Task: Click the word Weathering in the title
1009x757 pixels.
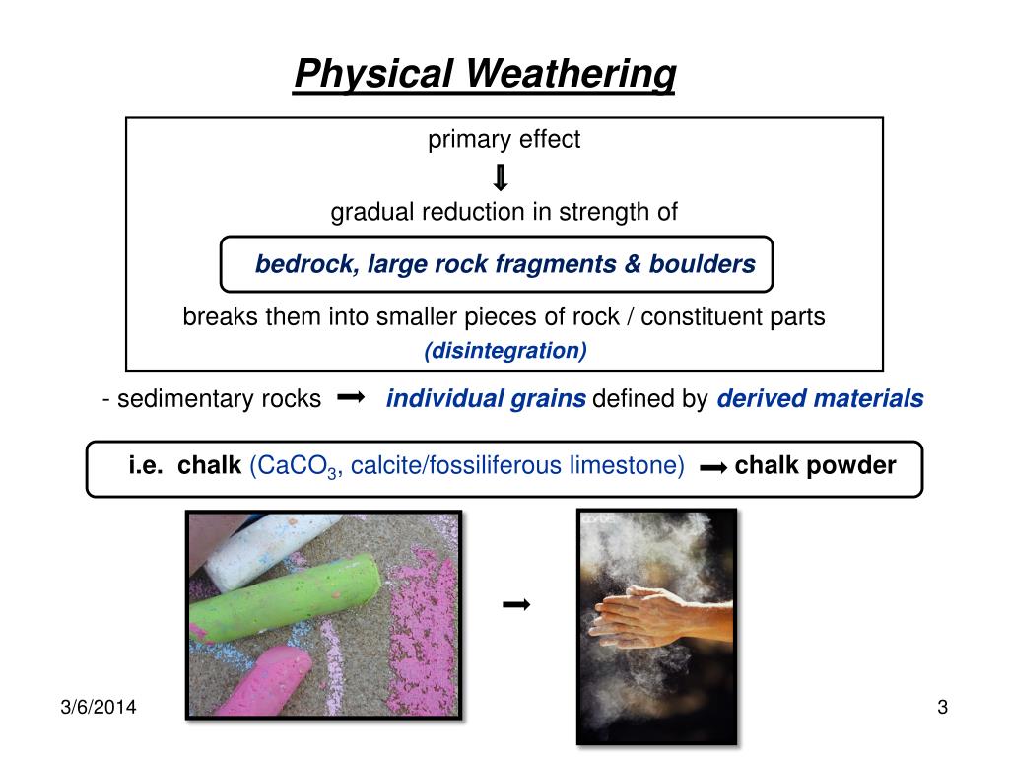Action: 571,74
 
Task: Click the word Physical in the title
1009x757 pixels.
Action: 373,74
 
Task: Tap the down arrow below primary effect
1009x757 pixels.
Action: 501,177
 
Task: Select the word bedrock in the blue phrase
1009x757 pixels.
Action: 307,264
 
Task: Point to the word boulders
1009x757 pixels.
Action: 702,264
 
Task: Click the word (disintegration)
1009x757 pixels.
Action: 505,350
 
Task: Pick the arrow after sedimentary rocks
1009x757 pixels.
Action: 351,396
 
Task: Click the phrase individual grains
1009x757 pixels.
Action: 486,399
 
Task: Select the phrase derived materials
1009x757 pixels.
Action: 821,398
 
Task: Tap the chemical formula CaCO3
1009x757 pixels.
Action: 293,466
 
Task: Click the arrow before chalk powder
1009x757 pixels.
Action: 713,468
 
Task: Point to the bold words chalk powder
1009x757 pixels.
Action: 815,465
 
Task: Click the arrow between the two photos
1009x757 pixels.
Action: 516,604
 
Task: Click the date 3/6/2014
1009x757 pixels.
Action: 99,707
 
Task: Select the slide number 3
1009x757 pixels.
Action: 943,707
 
